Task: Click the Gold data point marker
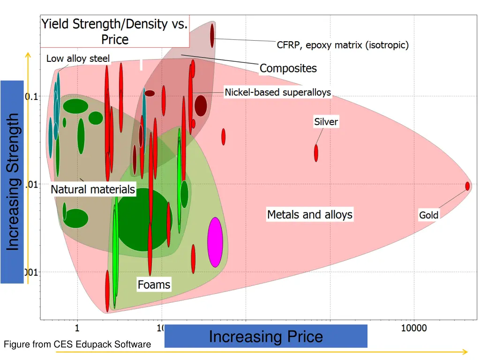click(x=467, y=186)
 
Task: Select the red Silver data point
click(x=316, y=153)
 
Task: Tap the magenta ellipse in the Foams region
click(x=215, y=242)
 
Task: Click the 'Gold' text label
click(x=428, y=215)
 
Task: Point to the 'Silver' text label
click(x=326, y=122)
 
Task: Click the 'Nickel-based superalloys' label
click(x=278, y=92)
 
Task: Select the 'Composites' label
click(x=288, y=68)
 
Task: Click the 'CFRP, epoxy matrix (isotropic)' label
click(x=343, y=45)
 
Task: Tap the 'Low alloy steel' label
click(x=78, y=59)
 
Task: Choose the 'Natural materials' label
click(x=93, y=190)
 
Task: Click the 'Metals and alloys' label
click(x=309, y=215)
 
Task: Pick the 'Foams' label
click(x=154, y=285)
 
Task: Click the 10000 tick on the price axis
click(x=413, y=328)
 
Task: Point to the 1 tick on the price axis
click(x=77, y=328)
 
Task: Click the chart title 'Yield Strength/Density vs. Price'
click(x=115, y=32)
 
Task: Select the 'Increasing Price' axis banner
click(x=266, y=337)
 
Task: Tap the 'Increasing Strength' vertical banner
click(x=13, y=182)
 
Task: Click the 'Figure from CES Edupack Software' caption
click(x=77, y=345)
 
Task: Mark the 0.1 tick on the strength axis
click(x=32, y=97)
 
